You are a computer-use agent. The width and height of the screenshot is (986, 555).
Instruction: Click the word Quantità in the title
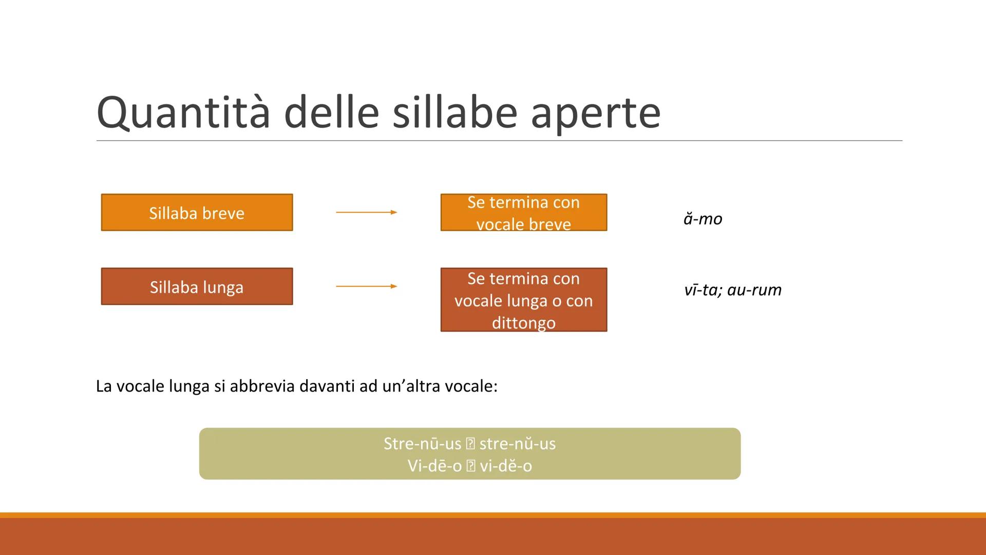tap(183, 113)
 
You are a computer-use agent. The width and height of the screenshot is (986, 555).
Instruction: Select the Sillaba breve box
tap(197, 212)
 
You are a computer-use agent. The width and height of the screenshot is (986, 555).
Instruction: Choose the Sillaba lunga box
tap(197, 286)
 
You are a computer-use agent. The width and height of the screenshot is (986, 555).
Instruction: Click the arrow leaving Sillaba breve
tap(366, 212)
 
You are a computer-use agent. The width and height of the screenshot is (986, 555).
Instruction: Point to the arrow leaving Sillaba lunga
tap(366, 286)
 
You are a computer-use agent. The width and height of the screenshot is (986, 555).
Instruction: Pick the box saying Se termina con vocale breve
tap(523, 212)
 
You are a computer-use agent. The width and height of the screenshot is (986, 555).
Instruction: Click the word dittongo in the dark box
tap(523, 323)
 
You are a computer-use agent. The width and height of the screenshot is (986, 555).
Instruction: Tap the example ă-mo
tap(703, 219)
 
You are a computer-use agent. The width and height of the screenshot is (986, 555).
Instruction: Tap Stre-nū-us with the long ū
tap(422, 443)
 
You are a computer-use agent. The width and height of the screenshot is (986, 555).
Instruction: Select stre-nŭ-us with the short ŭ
tap(517, 443)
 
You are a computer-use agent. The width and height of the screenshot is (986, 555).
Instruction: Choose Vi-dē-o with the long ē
tap(434, 466)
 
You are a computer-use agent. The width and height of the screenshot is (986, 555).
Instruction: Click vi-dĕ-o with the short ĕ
tap(506, 466)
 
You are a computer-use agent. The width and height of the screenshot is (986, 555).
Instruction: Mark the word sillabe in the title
tap(454, 113)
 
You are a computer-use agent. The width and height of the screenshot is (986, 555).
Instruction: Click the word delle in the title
tap(331, 113)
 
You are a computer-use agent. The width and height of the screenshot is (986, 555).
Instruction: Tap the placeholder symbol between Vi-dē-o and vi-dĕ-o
tap(470, 466)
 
